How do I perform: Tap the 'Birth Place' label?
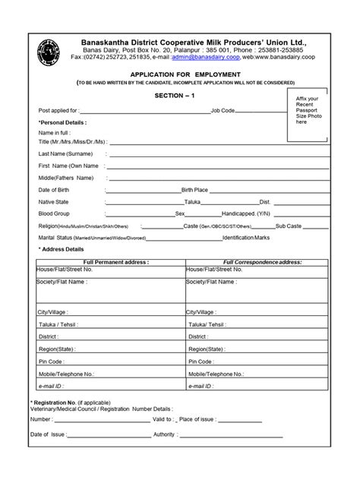coord(194,189)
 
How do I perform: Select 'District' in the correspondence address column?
coord(199,336)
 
